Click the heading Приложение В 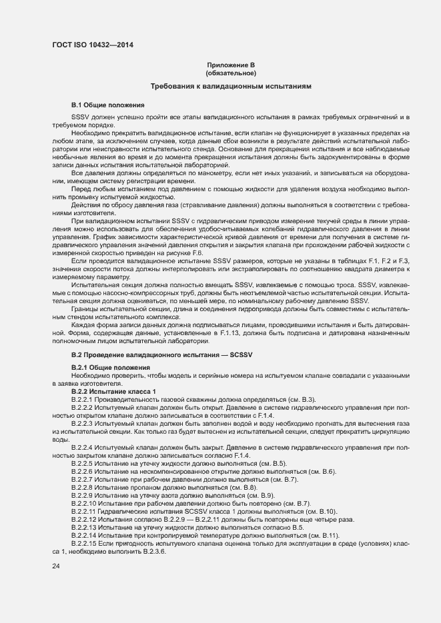point(231,65)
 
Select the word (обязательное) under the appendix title point(231,73)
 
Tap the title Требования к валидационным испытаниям point(231,87)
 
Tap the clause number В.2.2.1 point(84,398)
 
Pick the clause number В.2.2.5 point(84,463)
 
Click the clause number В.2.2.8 point(84,488)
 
